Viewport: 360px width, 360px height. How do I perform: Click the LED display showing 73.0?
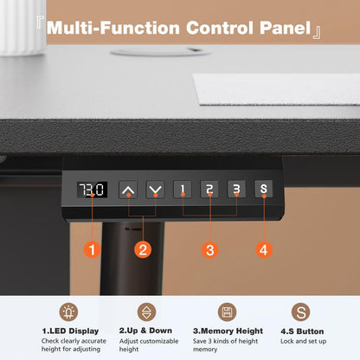92,190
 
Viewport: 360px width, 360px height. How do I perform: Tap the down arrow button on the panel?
155,190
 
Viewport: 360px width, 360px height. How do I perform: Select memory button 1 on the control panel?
183,190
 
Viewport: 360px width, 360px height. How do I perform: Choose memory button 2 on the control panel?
209,189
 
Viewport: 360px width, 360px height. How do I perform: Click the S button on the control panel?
263,189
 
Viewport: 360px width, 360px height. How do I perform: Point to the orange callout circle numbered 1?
92,249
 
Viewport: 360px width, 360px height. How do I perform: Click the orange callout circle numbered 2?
143,249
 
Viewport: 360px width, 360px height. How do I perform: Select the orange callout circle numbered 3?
209,249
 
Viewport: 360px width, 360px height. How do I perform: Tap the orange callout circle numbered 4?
264,249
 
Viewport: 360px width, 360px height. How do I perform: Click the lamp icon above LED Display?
68,312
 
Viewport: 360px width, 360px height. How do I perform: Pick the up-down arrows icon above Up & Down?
146,312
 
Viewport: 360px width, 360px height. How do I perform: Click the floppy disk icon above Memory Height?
227,312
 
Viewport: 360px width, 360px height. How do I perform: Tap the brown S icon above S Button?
300,312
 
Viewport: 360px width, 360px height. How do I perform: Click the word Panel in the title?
285,28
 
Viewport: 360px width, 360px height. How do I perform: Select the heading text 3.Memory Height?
228,331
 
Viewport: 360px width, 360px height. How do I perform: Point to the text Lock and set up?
303,341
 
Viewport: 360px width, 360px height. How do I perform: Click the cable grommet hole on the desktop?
160,52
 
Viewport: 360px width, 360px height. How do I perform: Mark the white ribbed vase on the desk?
22,28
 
